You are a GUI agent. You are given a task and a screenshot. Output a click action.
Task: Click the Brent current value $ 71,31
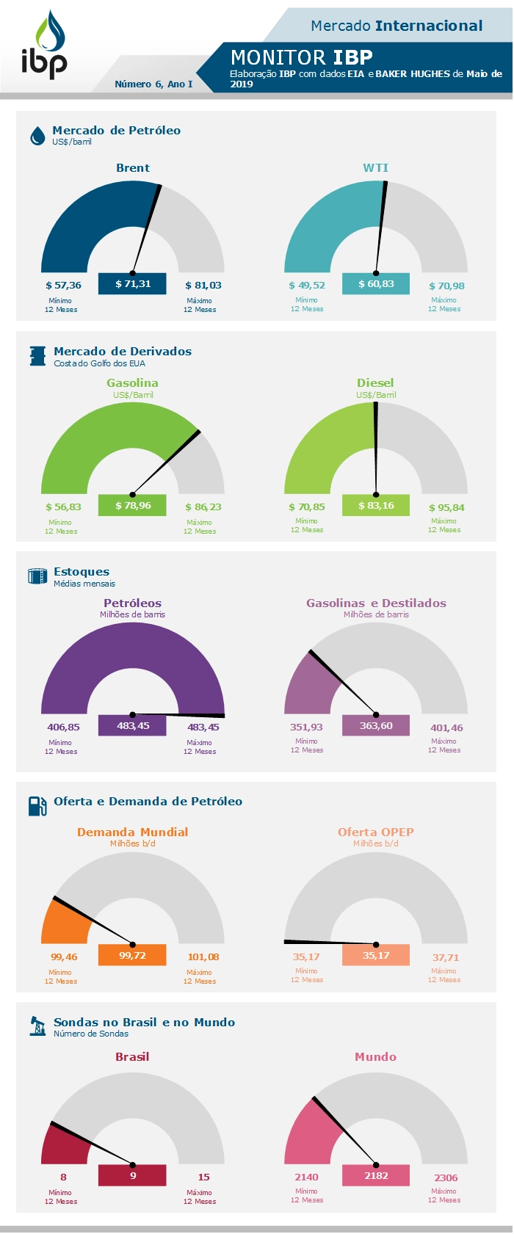pyautogui.click(x=132, y=284)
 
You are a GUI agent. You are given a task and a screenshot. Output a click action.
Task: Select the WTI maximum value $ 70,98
pyautogui.click(x=446, y=286)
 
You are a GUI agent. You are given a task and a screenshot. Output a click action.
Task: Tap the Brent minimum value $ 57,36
pyautogui.click(x=63, y=286)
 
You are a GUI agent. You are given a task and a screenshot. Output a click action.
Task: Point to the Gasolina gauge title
pyautogui.click(x=132, y=383)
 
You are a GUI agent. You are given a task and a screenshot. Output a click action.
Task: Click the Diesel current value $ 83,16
pyautogui.click(x=376, y=506)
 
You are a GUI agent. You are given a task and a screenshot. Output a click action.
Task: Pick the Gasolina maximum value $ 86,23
pyautogui.click(x=203, y=507)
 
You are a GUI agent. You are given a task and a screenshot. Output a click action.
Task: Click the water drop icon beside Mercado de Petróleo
pyautogui.click(x=37, y=136)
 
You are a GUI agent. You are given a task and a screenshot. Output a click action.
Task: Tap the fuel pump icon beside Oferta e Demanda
pyautogui.click(x=37, y=806)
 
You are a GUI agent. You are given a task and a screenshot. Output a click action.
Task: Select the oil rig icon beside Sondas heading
pyautogui.click(x=37, y=1026)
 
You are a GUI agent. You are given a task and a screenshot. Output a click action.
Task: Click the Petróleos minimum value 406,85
pyautogui.click(x=63, y=727)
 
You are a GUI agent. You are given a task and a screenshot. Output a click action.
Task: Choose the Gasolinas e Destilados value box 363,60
pyautogui.click(x=376, y=726)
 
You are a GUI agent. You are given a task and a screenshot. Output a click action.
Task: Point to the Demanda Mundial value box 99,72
pyautogui.click(x=132, y=956)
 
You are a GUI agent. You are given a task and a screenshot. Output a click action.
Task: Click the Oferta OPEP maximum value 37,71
pyautogui.click(x=446, y=958)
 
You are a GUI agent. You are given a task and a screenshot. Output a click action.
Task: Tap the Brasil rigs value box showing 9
pyautogui.click(x=132, y=1176)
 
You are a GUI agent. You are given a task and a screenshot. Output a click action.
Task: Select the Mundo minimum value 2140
pyautogui.click(x=306, y=1177)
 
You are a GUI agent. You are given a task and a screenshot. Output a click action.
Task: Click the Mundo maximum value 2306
pyautogui.click(x=446, y=1178)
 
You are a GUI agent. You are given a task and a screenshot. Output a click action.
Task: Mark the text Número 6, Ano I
pyautogui.click(x=153, y=84)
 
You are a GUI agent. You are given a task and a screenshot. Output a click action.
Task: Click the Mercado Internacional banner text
pyautogui.click(x=397, y=26)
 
